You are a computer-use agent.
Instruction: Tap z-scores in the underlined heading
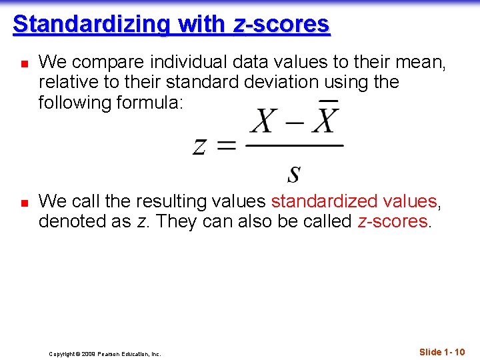[281, 24]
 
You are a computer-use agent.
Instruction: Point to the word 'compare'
[106, 63]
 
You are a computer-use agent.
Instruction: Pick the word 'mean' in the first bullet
[421, 62]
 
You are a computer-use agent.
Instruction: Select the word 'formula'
[155, 103]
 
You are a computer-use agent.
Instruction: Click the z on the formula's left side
[199, 146]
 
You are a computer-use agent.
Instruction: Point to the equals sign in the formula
[226, 146]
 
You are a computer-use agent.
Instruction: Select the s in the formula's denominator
[293, 174]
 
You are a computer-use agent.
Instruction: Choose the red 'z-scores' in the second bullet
[393, 221]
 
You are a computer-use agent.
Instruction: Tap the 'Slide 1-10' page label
[442, 352]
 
